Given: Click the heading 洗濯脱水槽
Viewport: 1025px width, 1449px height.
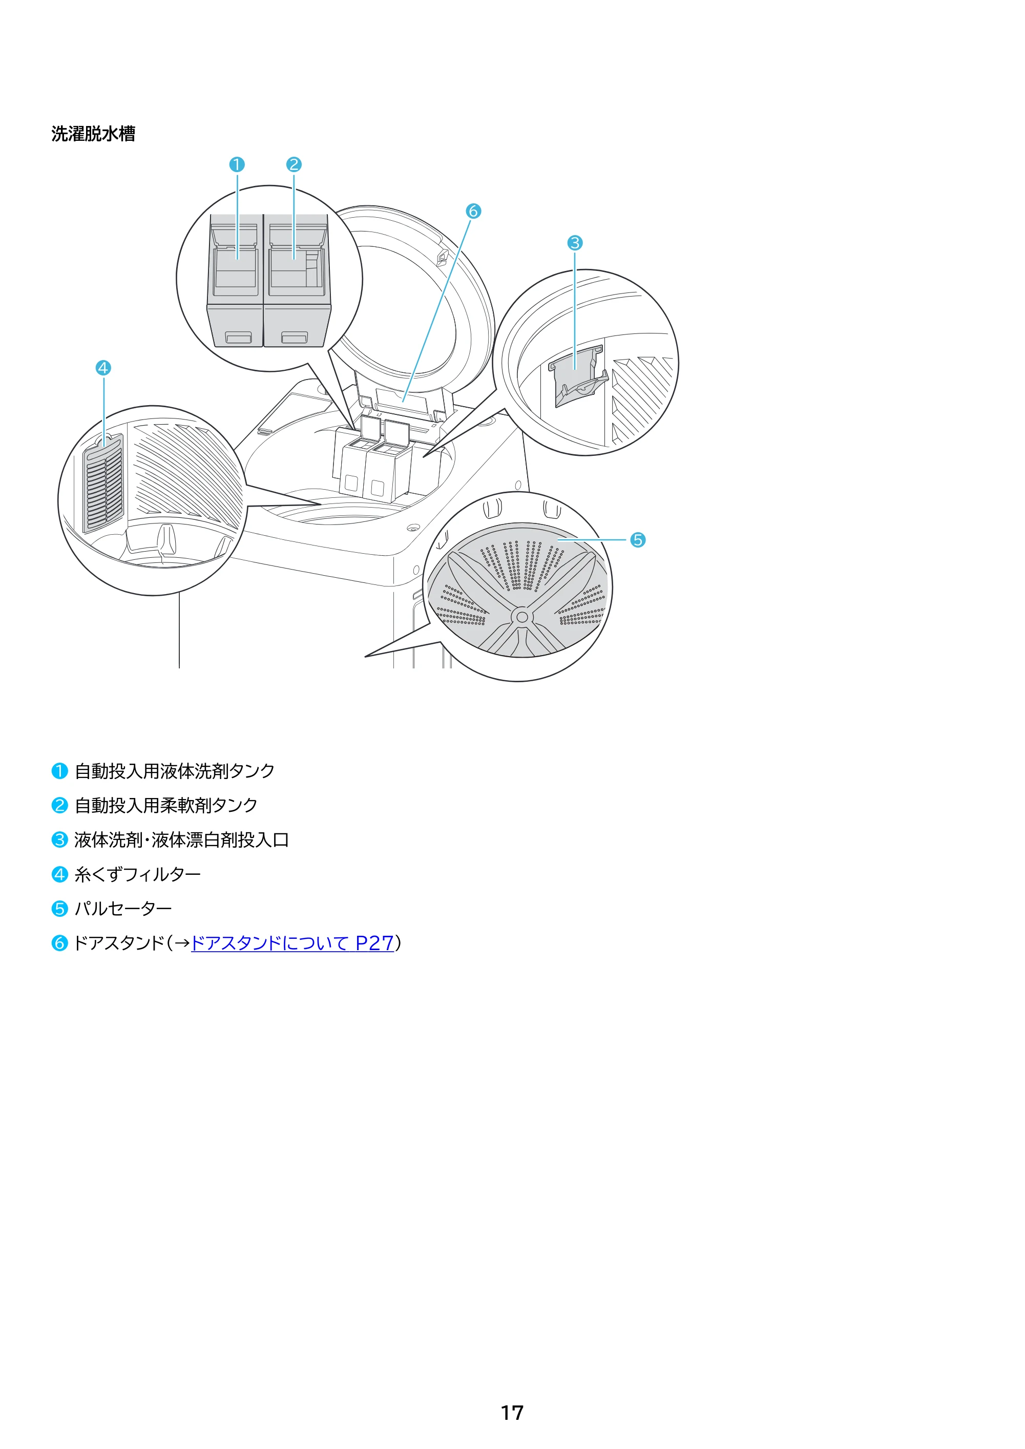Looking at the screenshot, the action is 93,134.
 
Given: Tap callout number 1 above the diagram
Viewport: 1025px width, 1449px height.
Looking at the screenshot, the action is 237,165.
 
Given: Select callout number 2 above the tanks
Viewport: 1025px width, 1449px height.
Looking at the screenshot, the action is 294,165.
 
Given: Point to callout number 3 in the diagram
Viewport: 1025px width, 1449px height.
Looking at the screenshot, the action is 574,243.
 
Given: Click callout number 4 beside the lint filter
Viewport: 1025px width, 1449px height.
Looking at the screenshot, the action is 103,368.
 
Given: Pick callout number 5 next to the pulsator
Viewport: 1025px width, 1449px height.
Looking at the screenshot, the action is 637,540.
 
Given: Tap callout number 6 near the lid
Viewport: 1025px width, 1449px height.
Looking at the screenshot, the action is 473,211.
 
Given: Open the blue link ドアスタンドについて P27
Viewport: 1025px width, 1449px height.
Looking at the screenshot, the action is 292,943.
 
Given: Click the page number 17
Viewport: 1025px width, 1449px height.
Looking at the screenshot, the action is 512,1413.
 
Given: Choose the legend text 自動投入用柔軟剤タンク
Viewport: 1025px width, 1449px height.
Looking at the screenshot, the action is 166,805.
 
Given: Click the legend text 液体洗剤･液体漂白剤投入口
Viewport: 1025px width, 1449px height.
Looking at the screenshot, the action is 182,840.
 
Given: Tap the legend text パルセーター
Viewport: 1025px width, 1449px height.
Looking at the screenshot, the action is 123,909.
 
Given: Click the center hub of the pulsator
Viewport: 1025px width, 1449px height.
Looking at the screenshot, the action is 522,617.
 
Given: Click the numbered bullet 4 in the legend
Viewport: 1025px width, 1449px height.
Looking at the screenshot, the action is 59,874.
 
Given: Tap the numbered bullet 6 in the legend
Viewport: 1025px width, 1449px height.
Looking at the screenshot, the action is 59,943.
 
